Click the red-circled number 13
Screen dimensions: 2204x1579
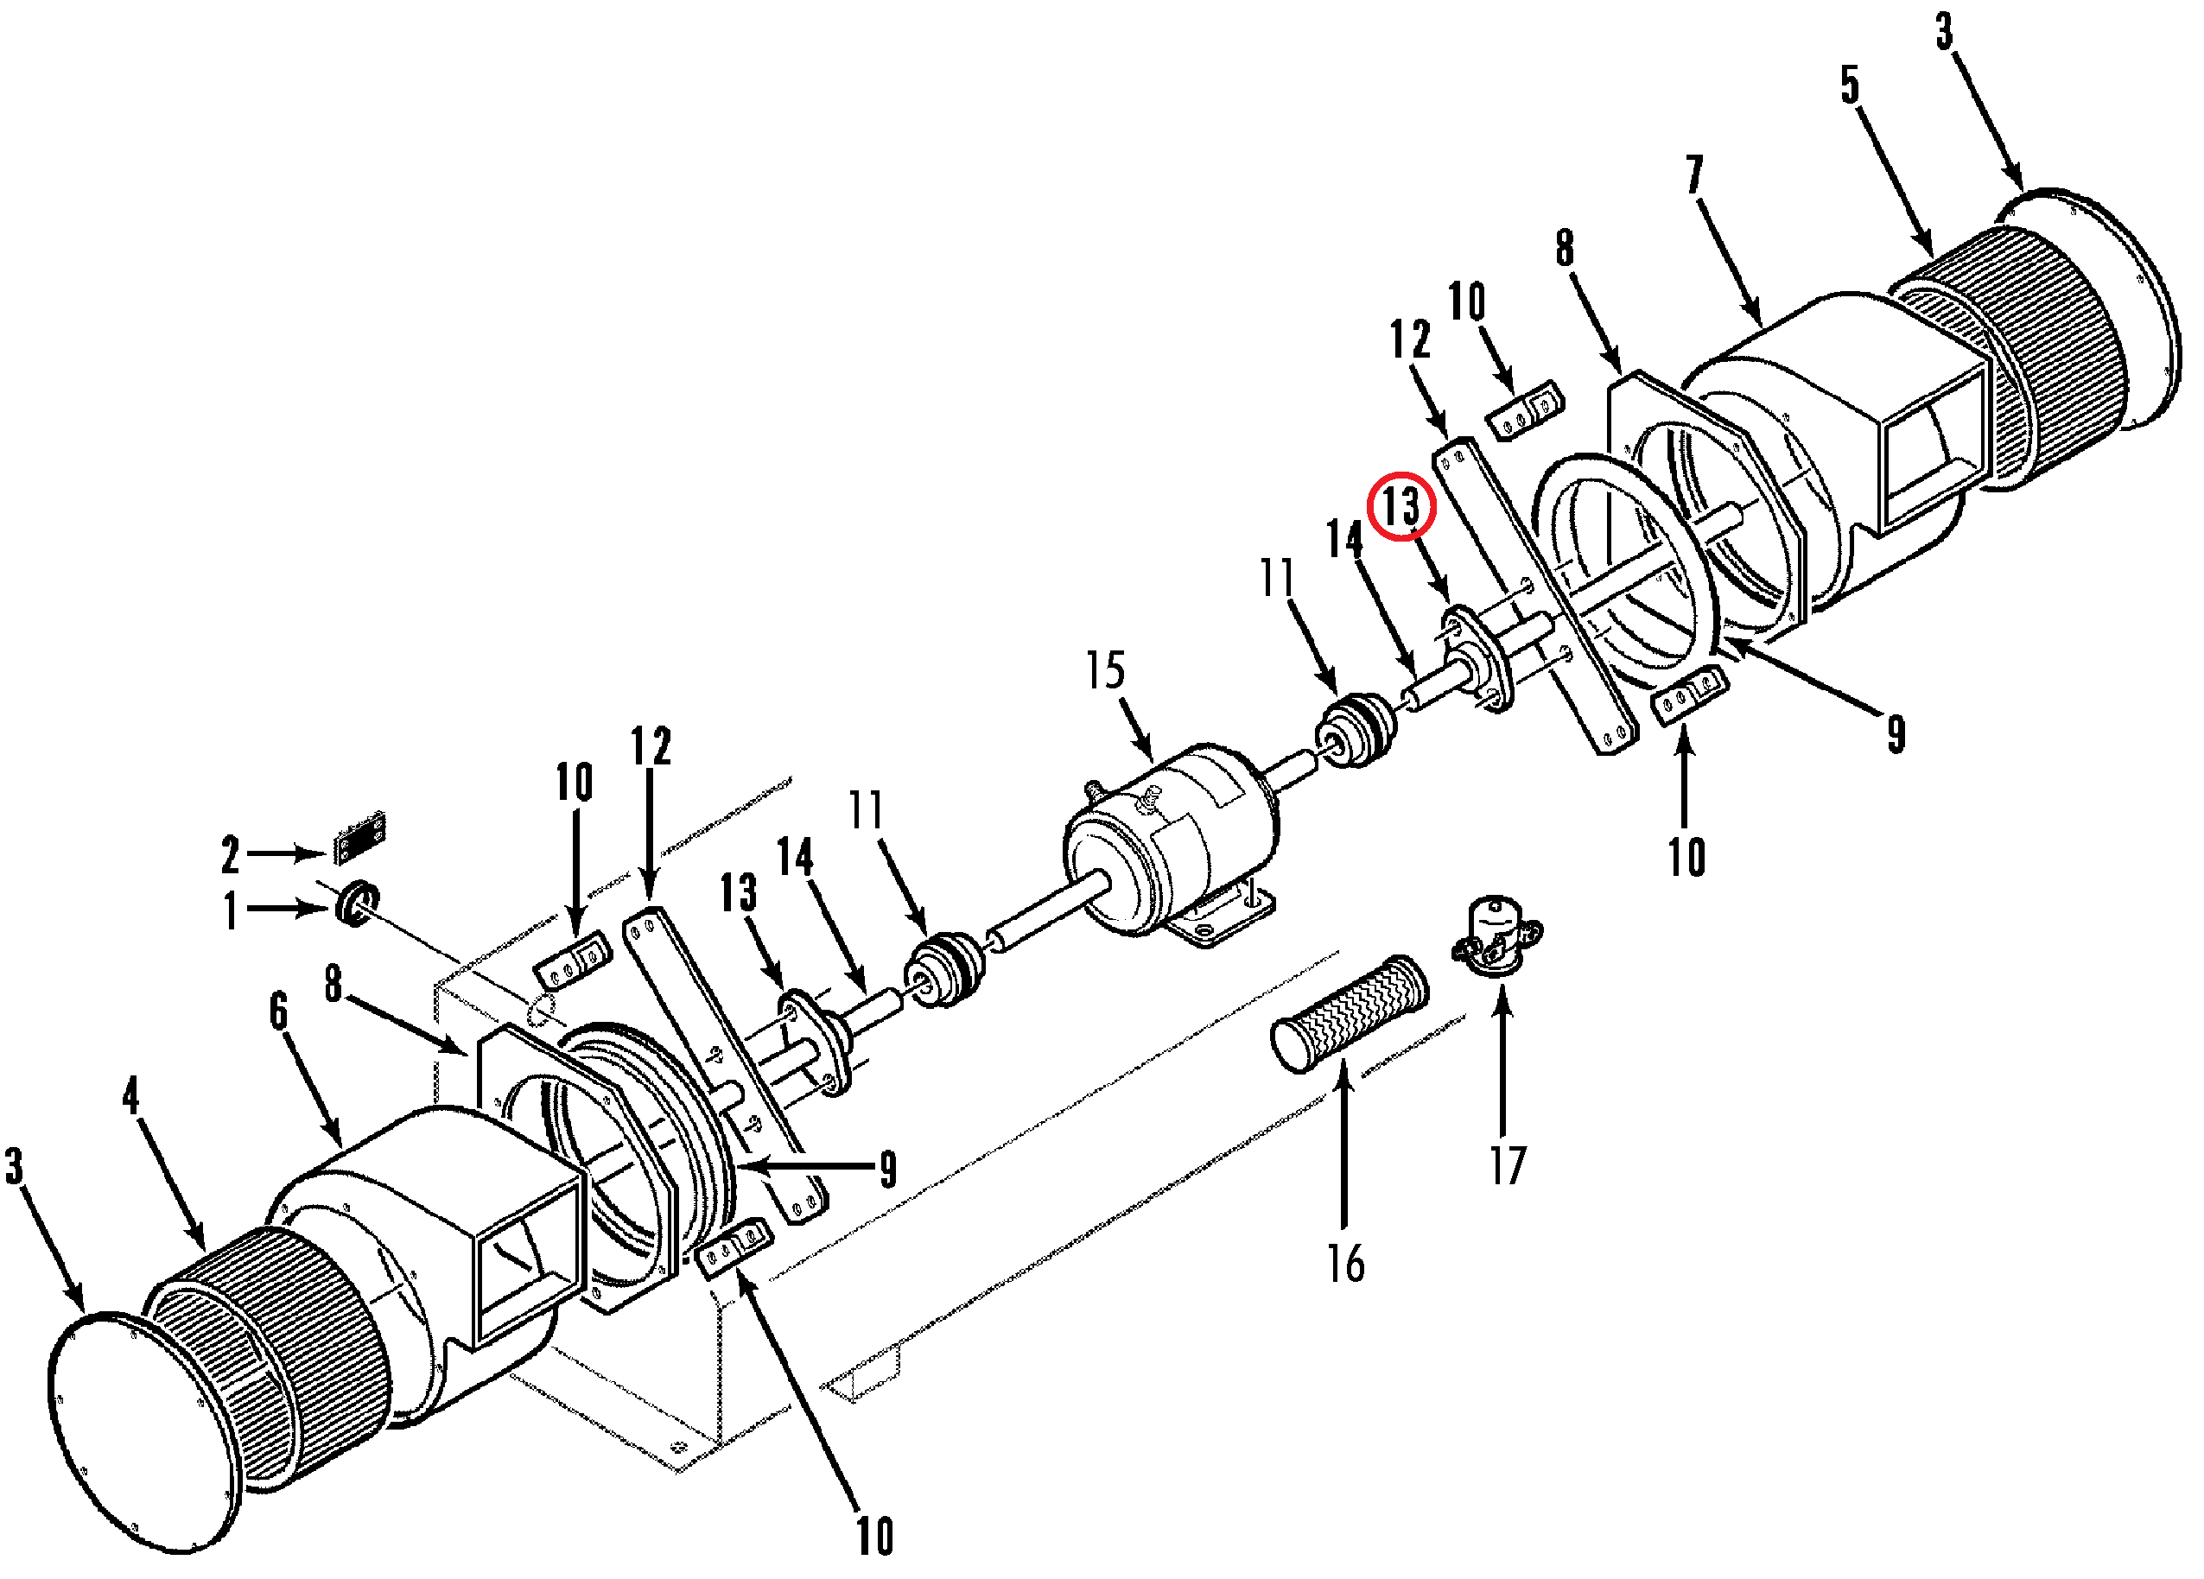click(1401, 506)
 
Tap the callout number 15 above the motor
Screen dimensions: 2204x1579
click(1106, 670)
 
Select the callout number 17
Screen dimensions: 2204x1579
click(1509, 1165)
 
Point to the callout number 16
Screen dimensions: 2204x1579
click(1346, 1265)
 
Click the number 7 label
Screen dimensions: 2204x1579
click(1696, 174)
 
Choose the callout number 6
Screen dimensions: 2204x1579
click(279, 1011)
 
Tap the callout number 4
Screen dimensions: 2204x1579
click(131, 1096)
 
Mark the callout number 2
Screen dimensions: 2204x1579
click(231, 855)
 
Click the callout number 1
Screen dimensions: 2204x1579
click(231, 911)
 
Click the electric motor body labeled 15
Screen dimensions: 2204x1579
click(1171, 840)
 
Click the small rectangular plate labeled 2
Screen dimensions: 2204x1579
click(359, 837)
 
